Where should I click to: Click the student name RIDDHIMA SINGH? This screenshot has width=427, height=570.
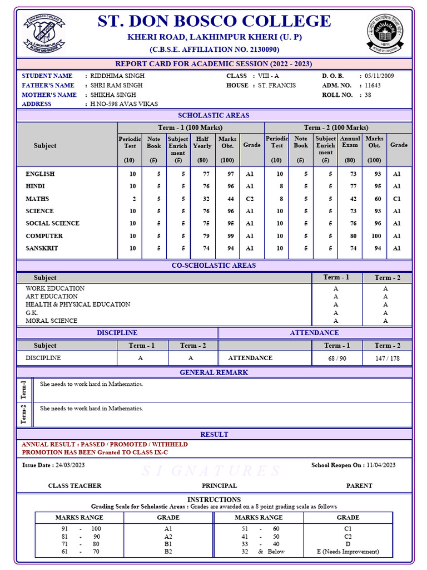click(x=117, y=76)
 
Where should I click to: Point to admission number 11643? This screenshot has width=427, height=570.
click(x=373, y=86)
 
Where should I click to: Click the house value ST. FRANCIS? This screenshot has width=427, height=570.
click(x=277, y=86)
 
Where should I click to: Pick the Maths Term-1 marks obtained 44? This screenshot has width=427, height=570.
click(x=227, y=199)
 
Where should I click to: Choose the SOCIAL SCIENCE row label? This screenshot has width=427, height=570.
click(x=52, y=223)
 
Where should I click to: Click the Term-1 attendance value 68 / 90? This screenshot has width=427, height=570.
click(x=337, y=358)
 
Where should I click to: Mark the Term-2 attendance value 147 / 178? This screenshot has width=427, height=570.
click(x=387, y=358)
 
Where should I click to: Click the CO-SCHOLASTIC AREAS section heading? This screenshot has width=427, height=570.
click(x=214, y=266)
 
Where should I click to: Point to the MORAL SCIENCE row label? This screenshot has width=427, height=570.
click(x=52, y=321)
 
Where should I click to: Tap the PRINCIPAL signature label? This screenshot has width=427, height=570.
click(x=219, y=486)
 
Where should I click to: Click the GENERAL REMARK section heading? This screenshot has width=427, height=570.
click(x=214, y=372)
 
